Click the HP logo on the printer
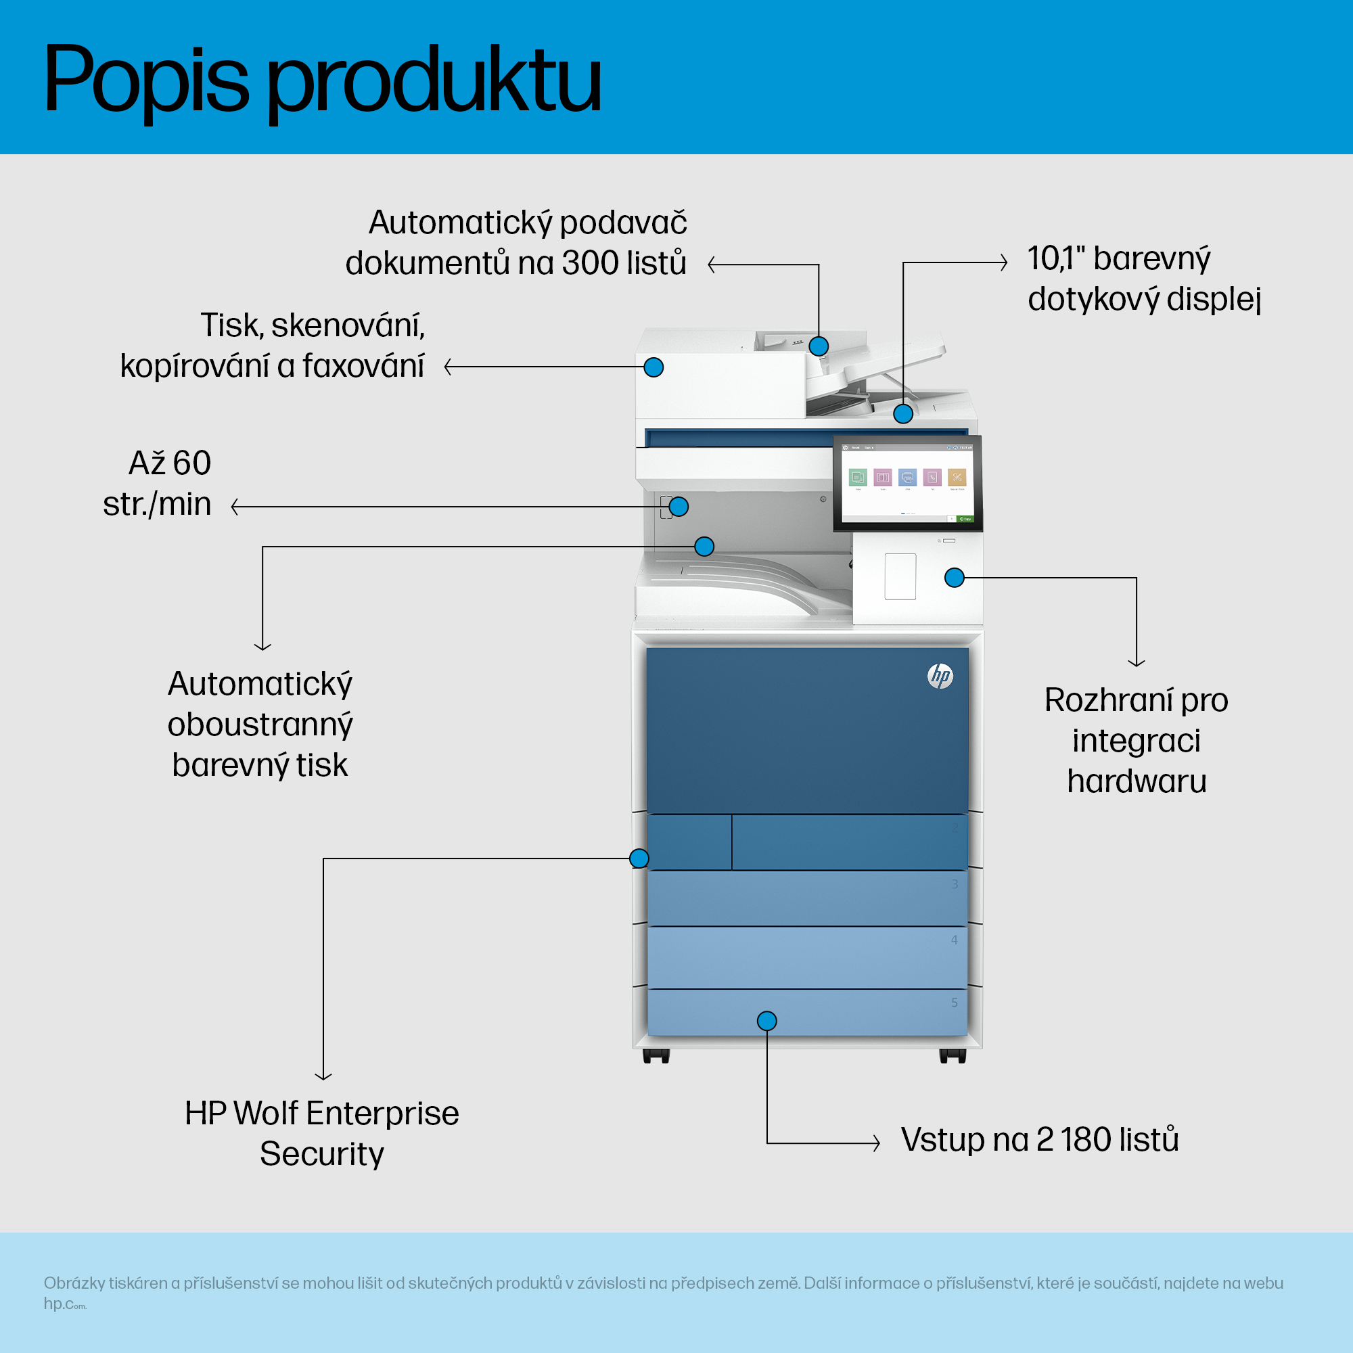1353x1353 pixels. click(x=940, y=676)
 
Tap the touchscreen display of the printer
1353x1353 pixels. click(x=907, y=483)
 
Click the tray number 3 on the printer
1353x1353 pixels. click(x=955, y=884)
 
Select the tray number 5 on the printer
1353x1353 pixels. click(x=955, y=1003)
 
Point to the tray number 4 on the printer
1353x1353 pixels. click(x=955, y=940)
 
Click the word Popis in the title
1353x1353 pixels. click(x=145, y=81)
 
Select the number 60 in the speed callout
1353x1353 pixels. click(x=191, y=463)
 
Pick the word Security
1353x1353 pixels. click(x=321, y=1154)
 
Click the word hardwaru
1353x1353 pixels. click(x=1137, y=781)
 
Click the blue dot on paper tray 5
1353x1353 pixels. click(x=767, y=1021)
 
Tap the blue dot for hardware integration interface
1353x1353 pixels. click(x=955, y=578)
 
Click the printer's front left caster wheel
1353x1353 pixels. click(x=656, y=1056)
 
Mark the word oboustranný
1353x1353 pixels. click(x=260, y=725)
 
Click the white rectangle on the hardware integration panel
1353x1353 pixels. click(x=900, y=576)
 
